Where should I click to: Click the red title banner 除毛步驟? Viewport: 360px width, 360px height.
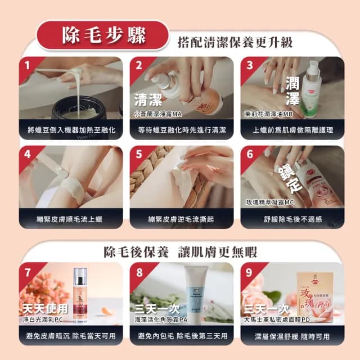[101, 35]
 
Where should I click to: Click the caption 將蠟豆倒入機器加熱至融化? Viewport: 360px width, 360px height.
[71, 130]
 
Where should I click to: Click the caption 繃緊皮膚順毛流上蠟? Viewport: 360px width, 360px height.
[71, 219]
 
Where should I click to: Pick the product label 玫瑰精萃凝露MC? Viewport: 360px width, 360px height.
[268, 202]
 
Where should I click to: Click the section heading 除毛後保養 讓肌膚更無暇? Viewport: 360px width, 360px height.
[179, 251]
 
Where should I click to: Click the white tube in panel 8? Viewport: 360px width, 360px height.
[197, 292]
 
